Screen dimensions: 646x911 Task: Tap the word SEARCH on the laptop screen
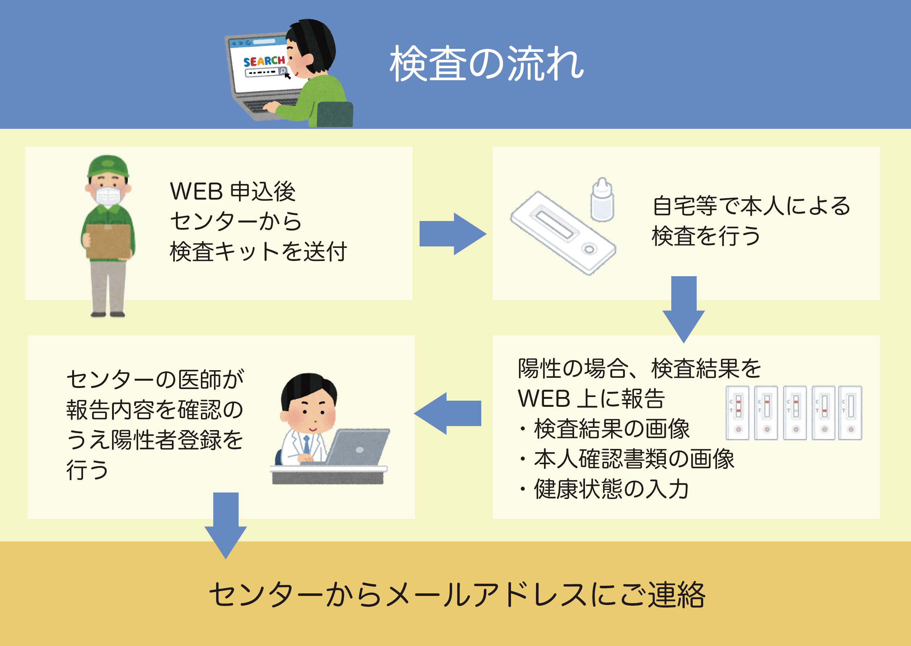click(x=264, y=61)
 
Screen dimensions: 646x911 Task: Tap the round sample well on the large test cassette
click(x=589, y=249)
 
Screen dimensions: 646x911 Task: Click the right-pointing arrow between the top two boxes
click(x=452, y=234)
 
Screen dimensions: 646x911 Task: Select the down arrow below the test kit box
click(x=684, y=308)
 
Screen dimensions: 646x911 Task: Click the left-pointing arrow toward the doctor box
click(x=448, y=413)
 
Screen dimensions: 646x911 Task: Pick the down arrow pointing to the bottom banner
click(x=226, y=524)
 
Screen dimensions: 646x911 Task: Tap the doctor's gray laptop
click(x=358, y=447)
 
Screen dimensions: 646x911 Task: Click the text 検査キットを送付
click(x=258, y=252)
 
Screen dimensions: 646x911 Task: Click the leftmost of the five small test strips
click(x=738, y=413)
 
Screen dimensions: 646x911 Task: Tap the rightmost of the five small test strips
click(x=850, y=413)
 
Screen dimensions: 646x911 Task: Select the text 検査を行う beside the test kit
click(x=706, y=236)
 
